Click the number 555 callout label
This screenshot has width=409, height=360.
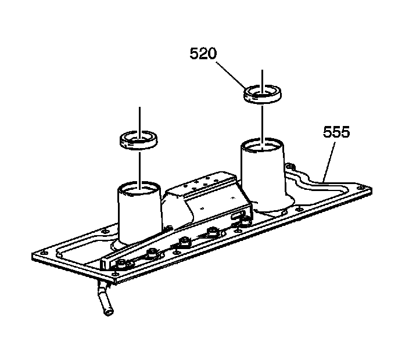(x=337, y=133)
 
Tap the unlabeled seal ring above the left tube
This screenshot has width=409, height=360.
(x=138, y=139)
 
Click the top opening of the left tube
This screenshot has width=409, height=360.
(x=139, y=188)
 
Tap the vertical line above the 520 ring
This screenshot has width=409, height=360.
(x=263, y=78)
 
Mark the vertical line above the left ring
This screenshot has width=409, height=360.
(x=139, y=119)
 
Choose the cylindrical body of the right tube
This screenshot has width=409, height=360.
(x=263, y=174)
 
